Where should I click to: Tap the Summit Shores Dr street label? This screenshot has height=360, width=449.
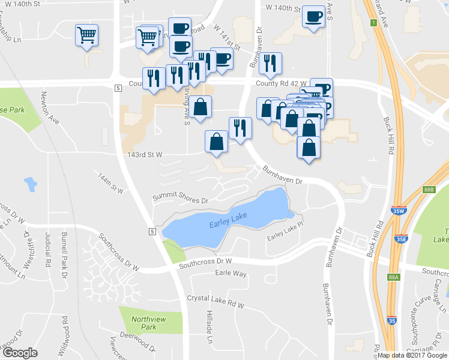click(x=179, y=198)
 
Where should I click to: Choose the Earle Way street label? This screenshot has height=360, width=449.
click(x=231, y=274)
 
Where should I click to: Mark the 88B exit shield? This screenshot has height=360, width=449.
click(x=428, y=190)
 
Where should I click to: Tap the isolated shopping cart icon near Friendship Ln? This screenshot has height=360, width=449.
click(x=87, y=35)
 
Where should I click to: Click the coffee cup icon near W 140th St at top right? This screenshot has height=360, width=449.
click(x=313, y=17)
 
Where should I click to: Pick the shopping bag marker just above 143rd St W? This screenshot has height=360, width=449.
click(x=216, y=142)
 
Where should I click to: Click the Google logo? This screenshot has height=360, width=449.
click(x=20, y=353)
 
